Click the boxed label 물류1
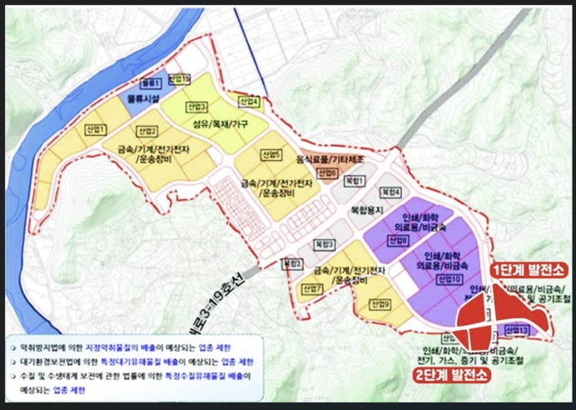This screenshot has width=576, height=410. (x=151, y=84)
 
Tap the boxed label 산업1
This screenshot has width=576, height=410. (x=96, y=129)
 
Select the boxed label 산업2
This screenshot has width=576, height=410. (x=147, y=131)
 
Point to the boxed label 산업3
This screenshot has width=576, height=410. (x=196, y=107)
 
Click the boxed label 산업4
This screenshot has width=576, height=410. (x=249, y=102)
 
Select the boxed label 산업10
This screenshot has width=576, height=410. (x=450, y=277)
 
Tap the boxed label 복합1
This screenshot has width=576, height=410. (x=355, y=180)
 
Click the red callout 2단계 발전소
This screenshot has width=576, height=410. (x=453, y=375)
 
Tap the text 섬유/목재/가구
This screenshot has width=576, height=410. (x=220, y=123)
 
